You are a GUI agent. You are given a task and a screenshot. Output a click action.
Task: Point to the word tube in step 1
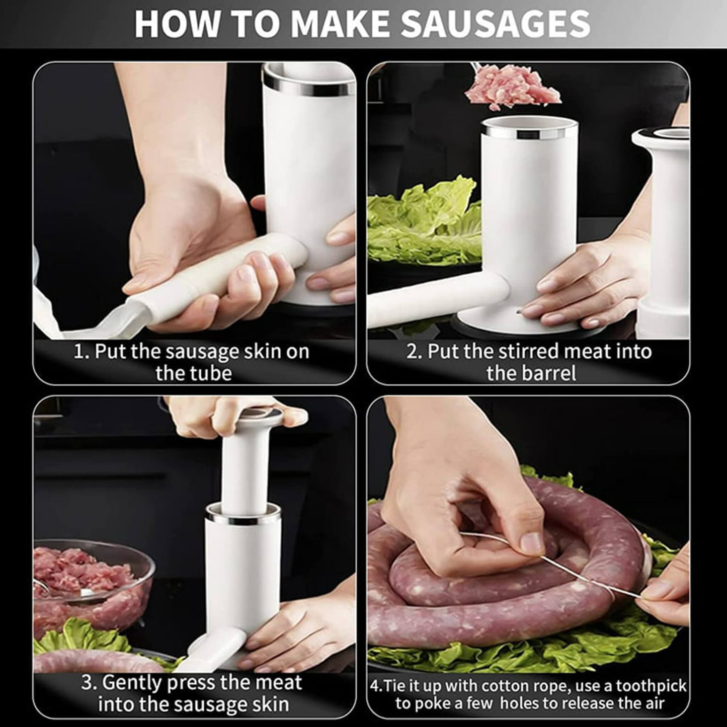click(x=212, y=373)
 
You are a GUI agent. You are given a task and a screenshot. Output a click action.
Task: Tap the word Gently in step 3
click(x=132, y=683)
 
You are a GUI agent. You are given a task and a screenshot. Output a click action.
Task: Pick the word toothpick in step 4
click(x=651, y=686)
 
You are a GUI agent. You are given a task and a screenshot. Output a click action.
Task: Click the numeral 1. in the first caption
click(x=82, y=351)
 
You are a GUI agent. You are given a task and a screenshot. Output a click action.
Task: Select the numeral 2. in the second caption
click(x=414, y=351)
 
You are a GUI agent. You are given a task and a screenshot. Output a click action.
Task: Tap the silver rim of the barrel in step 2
click(x=528, y=133)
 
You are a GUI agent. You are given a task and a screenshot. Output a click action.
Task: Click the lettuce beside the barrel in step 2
click(x=423, y=221)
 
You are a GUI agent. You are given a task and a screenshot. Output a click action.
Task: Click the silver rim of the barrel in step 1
click(x=307, y=89)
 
